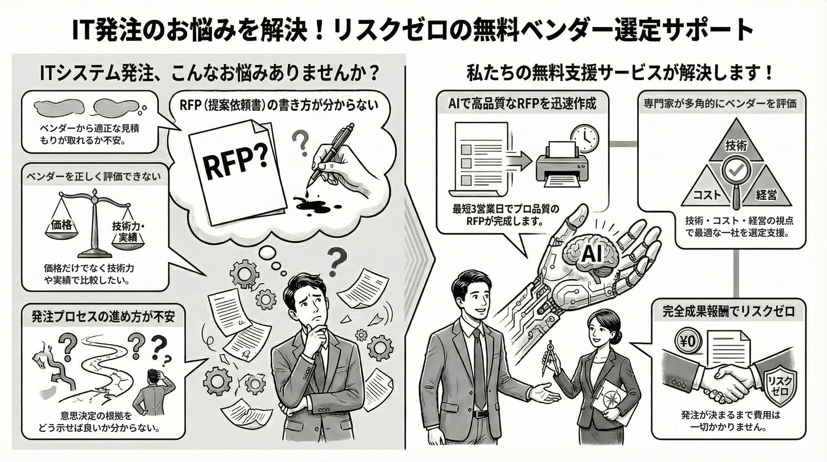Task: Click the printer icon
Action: click(x=562, y=165)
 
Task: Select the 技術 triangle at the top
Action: click(x=736, y=145)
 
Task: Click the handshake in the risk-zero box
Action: click(x=729, y=382)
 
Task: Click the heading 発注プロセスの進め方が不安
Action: click(x=103, y=317)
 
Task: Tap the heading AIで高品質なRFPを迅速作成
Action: click(x=522, y=103)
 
